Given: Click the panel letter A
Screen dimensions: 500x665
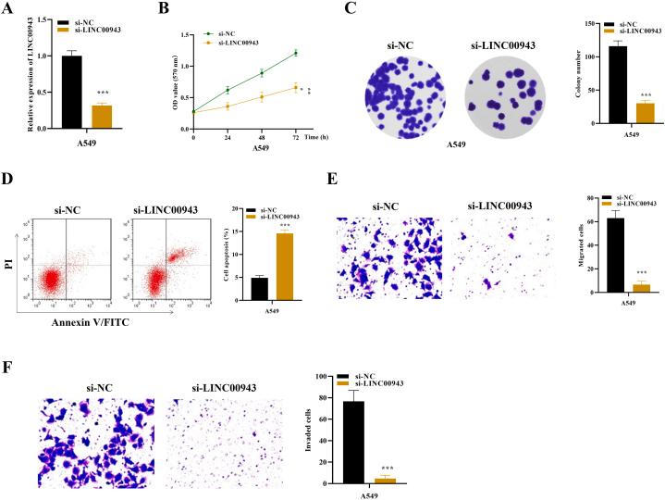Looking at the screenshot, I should (x=10, y=10).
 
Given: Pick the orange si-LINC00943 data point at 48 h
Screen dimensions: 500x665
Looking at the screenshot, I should (x=262, y=96).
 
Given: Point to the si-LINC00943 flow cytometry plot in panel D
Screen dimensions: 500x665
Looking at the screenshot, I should (x=165, y=268).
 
